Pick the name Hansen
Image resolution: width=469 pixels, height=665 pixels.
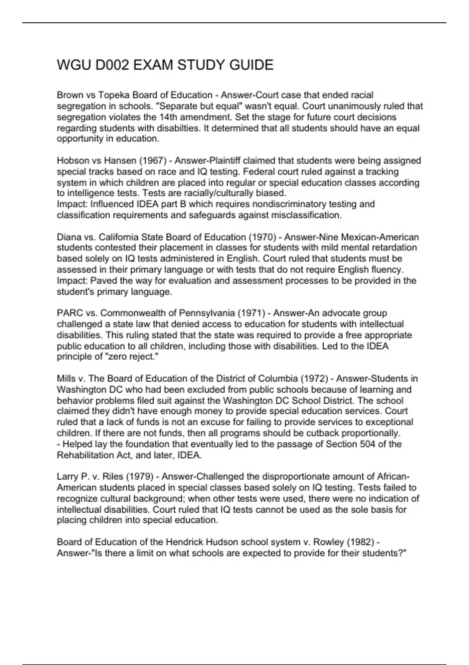[118, 160]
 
